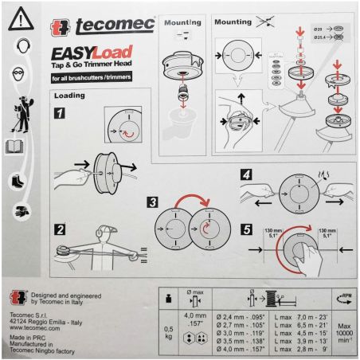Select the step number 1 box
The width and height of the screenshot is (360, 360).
tap(61, 113)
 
